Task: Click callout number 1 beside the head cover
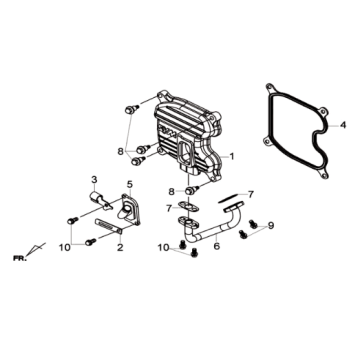[x=232, y=156]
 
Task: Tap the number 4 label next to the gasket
[x=343, y=125]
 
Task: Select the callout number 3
[x=94, y=180]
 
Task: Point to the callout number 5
[x=129, y=184]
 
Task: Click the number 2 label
[x=120, y=248]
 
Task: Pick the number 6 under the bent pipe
[x=217, y=247]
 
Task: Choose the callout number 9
[x=271, y=226]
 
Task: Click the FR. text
[x=19, y=258]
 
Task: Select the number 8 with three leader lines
[x=121, y=152]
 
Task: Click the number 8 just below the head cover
[x=171, y=192]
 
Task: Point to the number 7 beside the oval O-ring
[x=251, y=194]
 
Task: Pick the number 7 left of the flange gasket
[x=169, y=209]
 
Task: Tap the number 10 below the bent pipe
[x=164, y=248]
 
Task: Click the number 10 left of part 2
[x=65, y=248]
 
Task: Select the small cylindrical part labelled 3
[x=99, y=201]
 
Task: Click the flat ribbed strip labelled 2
[x=109, y=226]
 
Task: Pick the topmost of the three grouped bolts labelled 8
[x=132, y=109]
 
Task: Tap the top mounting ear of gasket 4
[x=270, y=88]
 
